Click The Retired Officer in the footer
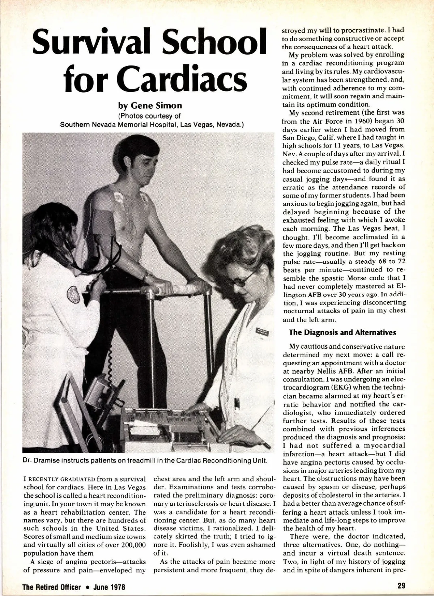[52, 586]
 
